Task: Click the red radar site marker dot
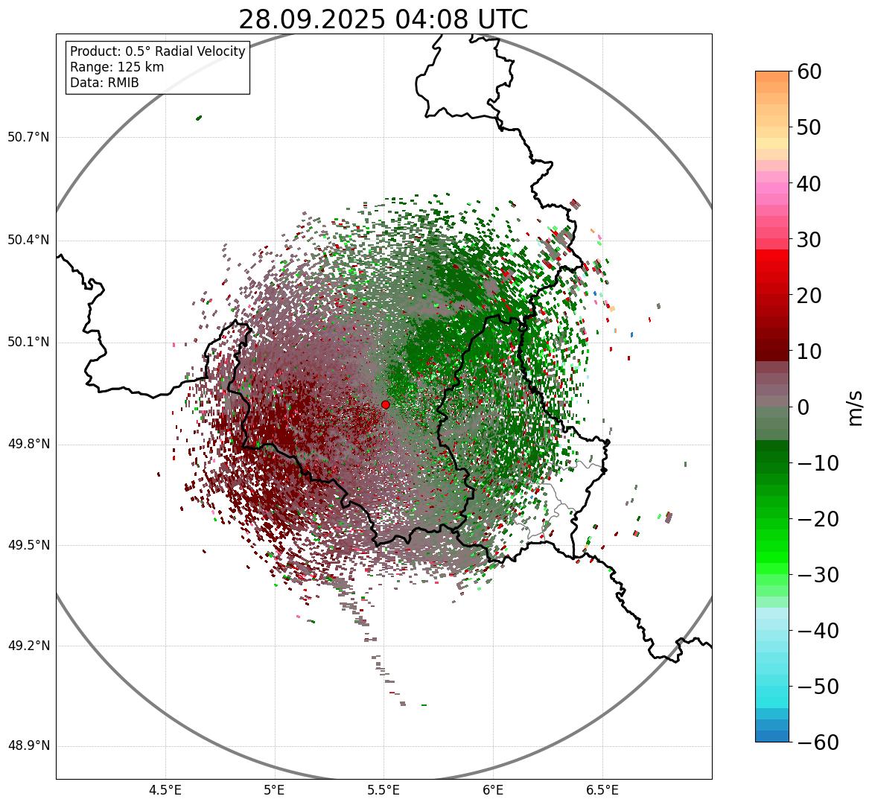[x=385, y=404]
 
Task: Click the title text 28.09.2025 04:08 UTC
[x=383, y=19]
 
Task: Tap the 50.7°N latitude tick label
[x=28, y=138]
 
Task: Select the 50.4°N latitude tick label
[x=28, y=240]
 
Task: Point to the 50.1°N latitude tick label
[x=28, y=343]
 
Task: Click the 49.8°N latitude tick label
[x=28, y=445]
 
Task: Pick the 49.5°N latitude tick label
[x=28, y=546]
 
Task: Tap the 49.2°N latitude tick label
[x=28, y=646]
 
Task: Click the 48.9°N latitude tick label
[x=28, y=746]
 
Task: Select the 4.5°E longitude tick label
[x=165, y=789]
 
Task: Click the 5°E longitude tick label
[x=275, y=789]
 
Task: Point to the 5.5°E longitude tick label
[x=384, y=789]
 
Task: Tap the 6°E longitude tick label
[x=493, y=789]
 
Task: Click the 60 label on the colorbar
[x=809, y=71]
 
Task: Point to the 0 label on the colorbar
[x=803, y=407]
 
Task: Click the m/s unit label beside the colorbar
[x=856, y=407]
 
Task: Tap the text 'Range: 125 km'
[x=117, y=67]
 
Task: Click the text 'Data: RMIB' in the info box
[x=104, y=83]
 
